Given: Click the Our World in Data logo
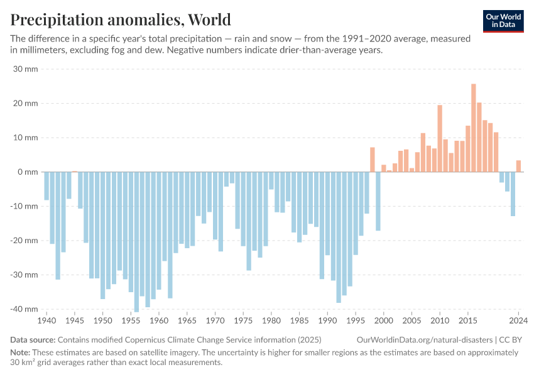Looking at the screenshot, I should point(503,21).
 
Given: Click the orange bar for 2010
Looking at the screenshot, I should point(440,138).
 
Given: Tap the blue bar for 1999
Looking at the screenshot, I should point(378,201).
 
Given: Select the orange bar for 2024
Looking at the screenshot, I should point(518,166).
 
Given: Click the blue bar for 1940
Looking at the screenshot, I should point(46,186).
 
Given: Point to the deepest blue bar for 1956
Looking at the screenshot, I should point(136,241).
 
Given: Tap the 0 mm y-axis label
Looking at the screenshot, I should point(28,172).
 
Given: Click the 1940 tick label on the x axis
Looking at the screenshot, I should point(46,320).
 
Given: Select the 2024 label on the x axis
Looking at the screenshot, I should point(518,320).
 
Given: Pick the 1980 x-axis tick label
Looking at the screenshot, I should point(271,320).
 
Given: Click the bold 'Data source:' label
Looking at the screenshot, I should point(32,339).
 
